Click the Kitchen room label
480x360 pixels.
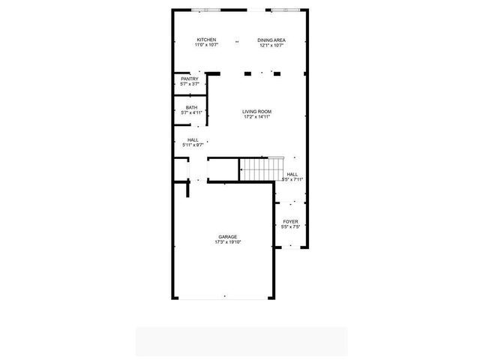(x=206, y=39)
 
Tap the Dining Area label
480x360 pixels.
(x=272, y=39)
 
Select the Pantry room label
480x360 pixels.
(x=190, y=78)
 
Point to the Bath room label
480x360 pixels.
(x=191, y=107)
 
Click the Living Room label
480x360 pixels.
(x=256, y=112)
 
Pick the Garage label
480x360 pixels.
(x=228, y=236)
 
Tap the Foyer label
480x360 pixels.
(x=290, y=222)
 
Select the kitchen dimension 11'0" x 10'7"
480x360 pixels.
(x=206, y=45)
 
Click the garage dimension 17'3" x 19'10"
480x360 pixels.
(x=228, y=242)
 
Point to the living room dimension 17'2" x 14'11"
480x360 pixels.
(x=256, y=117)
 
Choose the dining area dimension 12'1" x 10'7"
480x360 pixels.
(x=272, y=45)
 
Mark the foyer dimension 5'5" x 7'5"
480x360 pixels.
(x=290, y=227)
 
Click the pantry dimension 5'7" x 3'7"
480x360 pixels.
(x=190, y=83)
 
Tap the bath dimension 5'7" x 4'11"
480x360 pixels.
(x=191, y=112)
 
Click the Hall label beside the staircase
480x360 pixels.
(x=292, y=174)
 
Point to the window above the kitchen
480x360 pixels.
(x=203, y=10)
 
